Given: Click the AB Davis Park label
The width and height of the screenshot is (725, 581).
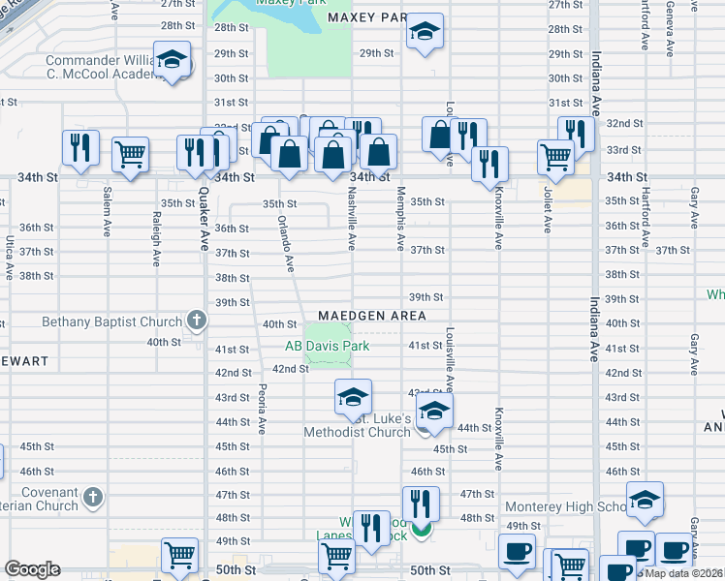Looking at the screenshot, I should click(x=327, y=346).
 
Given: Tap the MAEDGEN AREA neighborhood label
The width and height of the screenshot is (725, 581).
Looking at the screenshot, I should click(x=372, y=316).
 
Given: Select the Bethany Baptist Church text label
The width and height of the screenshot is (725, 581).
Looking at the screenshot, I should click(x=111, y=321).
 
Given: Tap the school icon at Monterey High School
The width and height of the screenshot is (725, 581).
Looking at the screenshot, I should click(x=645, y=502).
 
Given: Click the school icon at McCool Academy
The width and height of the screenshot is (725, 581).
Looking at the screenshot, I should click(x=172, y=63).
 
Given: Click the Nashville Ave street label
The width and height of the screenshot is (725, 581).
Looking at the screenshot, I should click(x=352, y=218).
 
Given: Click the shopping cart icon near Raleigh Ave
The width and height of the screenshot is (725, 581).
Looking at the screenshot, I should click(x=130, y=153).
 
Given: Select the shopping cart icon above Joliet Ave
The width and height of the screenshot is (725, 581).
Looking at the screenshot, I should click(x=555, y=156).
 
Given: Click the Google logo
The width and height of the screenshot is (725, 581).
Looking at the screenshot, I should click(x=32, y=569).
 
